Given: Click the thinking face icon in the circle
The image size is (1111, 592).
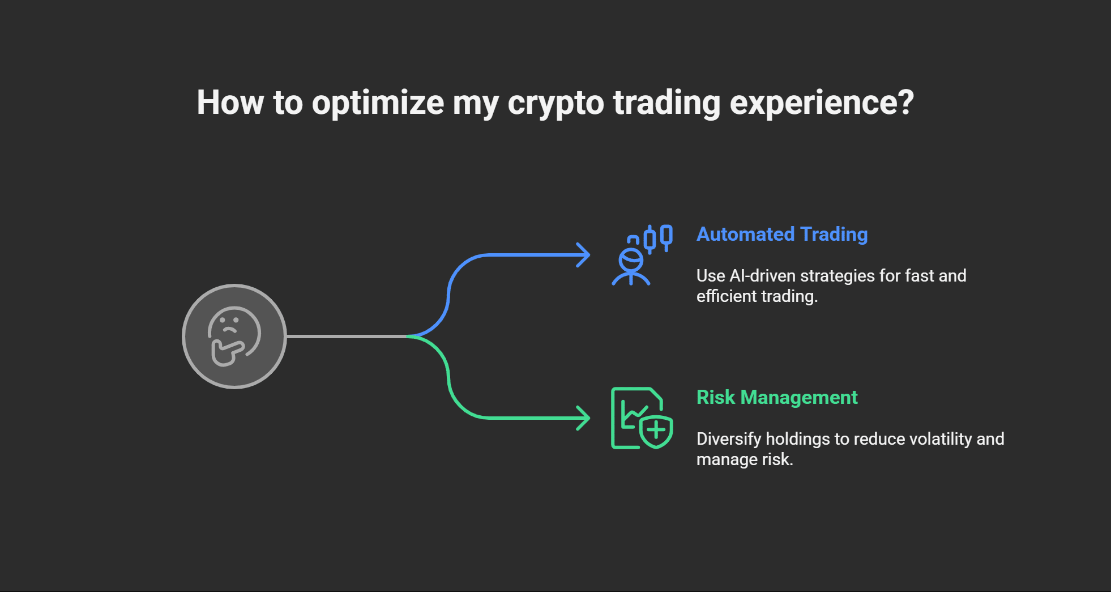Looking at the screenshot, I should tap(234, 337).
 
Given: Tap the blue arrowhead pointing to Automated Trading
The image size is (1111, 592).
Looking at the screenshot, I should tap(583, 255).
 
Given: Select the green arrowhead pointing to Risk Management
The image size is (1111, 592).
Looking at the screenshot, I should tap(583, 418).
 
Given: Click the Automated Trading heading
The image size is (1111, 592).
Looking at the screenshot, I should tap(781, 234).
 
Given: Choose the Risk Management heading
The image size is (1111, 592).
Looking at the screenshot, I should tap(776, 397).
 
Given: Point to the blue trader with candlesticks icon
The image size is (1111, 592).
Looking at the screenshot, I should tap(642, 255).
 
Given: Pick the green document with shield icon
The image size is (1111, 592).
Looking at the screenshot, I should tap(641, 418).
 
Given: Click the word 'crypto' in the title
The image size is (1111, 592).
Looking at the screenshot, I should tap(555, 103).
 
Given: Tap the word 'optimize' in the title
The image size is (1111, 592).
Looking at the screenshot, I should tap(378, 103).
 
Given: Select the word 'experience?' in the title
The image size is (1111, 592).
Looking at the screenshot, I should tap(822, 103).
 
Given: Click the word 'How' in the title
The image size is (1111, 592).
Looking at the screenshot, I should tap(230, 103).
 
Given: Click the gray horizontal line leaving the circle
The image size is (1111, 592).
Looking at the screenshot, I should tap(345, 337).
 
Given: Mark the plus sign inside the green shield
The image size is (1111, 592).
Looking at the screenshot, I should tap(656, 431).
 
